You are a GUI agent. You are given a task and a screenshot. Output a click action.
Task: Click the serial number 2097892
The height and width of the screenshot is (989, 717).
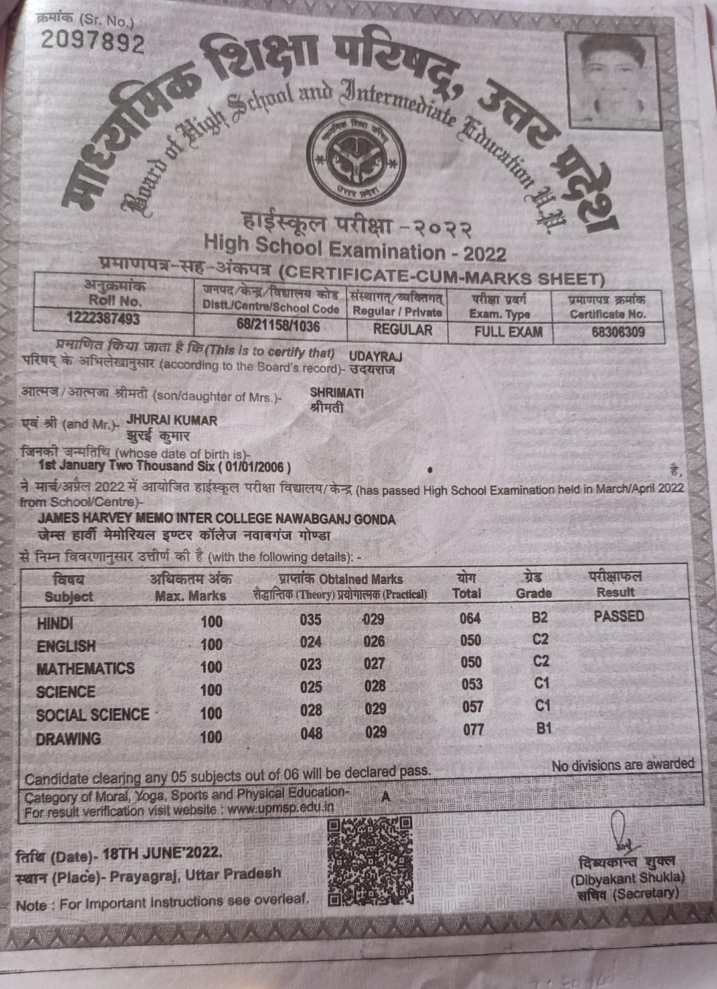(x=92, y=43)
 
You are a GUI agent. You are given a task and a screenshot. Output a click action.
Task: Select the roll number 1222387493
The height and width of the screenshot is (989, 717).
(x=103, y=319)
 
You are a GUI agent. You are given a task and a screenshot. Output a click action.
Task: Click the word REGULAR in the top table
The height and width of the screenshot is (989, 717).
(x=402, y=329)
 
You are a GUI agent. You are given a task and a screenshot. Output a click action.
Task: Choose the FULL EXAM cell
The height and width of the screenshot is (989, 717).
(x=508, y=331)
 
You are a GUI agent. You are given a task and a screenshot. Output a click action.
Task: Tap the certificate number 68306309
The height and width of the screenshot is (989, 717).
(x=617, y=331)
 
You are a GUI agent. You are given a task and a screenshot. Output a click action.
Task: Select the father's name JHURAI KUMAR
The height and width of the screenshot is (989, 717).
(x=172, y=420)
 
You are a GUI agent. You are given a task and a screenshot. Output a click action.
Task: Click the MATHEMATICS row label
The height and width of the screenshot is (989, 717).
(x=86, y=668)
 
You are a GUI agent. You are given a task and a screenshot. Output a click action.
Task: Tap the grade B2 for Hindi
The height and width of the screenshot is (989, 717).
(x=540, y=618)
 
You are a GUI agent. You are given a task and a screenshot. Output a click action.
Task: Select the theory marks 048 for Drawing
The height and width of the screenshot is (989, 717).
(x=311, y=733)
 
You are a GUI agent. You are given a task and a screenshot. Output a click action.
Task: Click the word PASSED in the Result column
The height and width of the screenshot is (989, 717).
(x=619, y=616)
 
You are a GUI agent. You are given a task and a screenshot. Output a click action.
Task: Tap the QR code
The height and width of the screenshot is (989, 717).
(x=370, y=861)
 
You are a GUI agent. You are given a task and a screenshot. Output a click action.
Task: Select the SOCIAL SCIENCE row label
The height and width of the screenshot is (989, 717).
(x=93, y=715)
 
